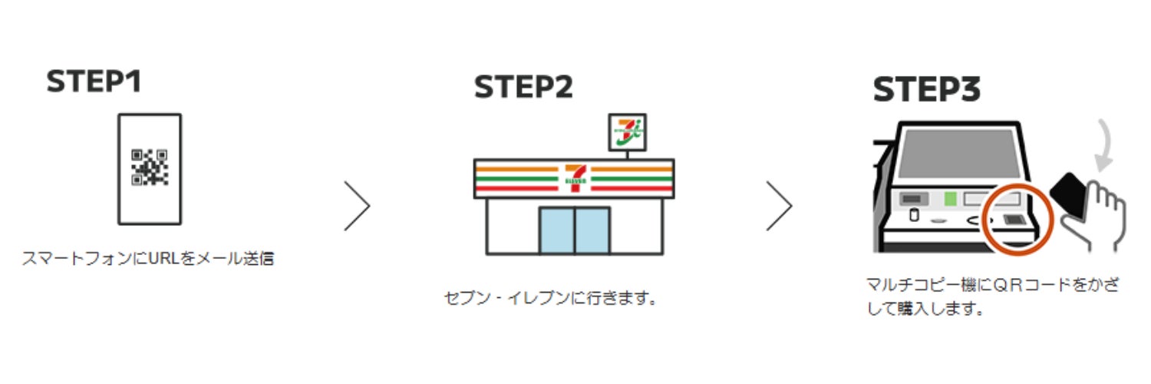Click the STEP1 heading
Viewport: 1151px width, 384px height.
pos(94,82)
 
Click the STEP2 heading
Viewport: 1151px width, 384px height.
pos(523,88)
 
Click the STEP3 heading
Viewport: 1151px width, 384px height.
pos(927,91)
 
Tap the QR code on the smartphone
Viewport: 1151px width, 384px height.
pos(150,167)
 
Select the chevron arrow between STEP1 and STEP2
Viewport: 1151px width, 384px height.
pos(358,206)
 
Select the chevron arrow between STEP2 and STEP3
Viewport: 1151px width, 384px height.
pos(780,206)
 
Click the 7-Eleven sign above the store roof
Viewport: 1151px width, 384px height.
pos(627,132)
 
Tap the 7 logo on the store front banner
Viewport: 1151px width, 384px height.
pos(574,176)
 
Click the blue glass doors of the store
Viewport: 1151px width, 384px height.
pos(574,230)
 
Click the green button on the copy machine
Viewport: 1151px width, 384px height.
pos(950,200)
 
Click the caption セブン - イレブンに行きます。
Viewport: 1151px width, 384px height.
pos(552,297)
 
